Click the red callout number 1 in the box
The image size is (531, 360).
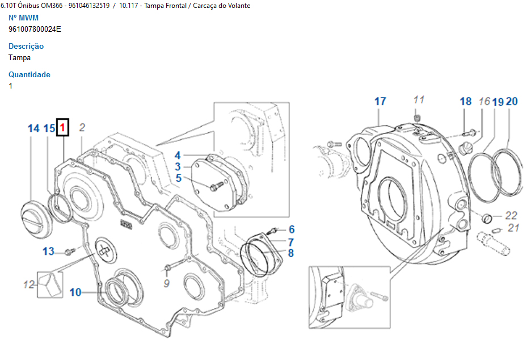pos(62,128)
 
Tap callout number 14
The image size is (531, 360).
pos(33,128)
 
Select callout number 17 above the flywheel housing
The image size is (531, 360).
pos(380,101)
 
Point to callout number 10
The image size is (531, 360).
pos(75,292)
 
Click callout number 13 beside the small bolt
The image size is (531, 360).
pos(48,251)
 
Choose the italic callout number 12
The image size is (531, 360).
pos(29,284)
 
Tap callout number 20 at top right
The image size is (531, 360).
pos(512,101)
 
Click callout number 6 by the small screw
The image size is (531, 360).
pos(292,229)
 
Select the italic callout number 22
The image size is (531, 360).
pos(511,215)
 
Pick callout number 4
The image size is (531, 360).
pos(178,156)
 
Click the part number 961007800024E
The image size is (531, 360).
pos(35,29)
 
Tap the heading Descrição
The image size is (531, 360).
pos(26,46)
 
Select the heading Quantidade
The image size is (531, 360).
pos(29,74)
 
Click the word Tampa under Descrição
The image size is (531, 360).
pos(20,57)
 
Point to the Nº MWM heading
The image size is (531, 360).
pos(23,18)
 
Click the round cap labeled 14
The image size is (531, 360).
pos(36,215)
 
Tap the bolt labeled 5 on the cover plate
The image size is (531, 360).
pos(217,186)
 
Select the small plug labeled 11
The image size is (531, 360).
pos(417,118)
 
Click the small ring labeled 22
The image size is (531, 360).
pos(487,219)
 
